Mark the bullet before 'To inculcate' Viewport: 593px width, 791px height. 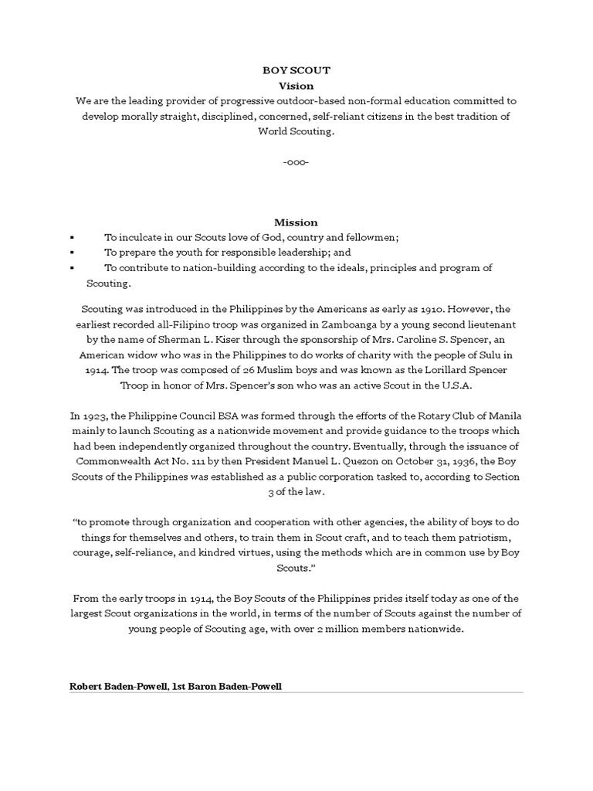click(71, 238)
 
